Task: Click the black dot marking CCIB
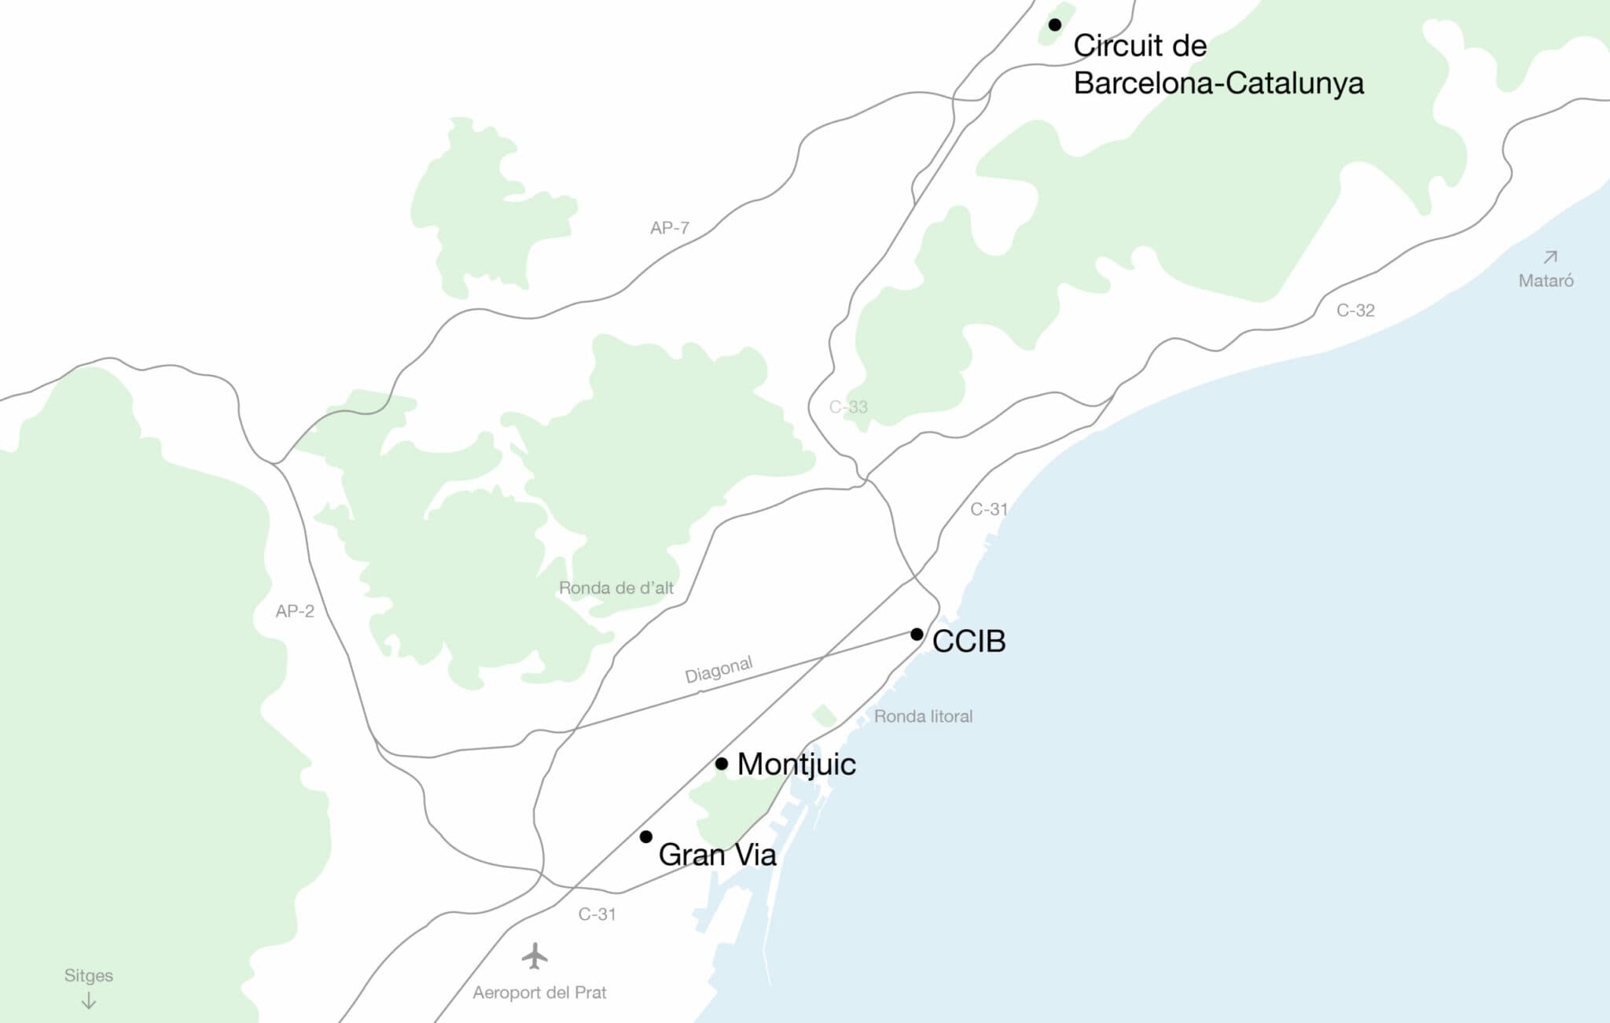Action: [x=917, y=634]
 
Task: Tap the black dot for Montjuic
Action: [x=721, y=764]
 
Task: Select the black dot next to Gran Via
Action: [x=645, y=837]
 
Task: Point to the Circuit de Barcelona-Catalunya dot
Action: [x=1055, y=25]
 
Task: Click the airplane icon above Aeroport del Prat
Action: [x=535, y=956]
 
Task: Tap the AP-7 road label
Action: [x=669, y=228]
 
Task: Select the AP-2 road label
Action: [x=295, y=611]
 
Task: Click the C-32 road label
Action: [x=1355, y=311]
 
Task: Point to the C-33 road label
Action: [x=848, y=407]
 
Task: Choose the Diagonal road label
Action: [x=719, y=669]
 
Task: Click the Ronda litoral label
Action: [x=923, y=716]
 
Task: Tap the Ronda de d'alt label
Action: [x=616, y=587]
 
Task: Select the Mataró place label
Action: [x=1546, y=281]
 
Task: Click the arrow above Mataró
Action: [x=1550, y=256]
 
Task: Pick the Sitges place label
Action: [x=89, y=975]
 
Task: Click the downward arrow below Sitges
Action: [x=89, y=1001]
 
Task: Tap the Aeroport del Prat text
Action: [x=539, y=992]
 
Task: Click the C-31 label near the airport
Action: [x=597, y=914]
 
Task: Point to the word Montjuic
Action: [x=796, y=764]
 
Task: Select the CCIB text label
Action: [x=969, y=642]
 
